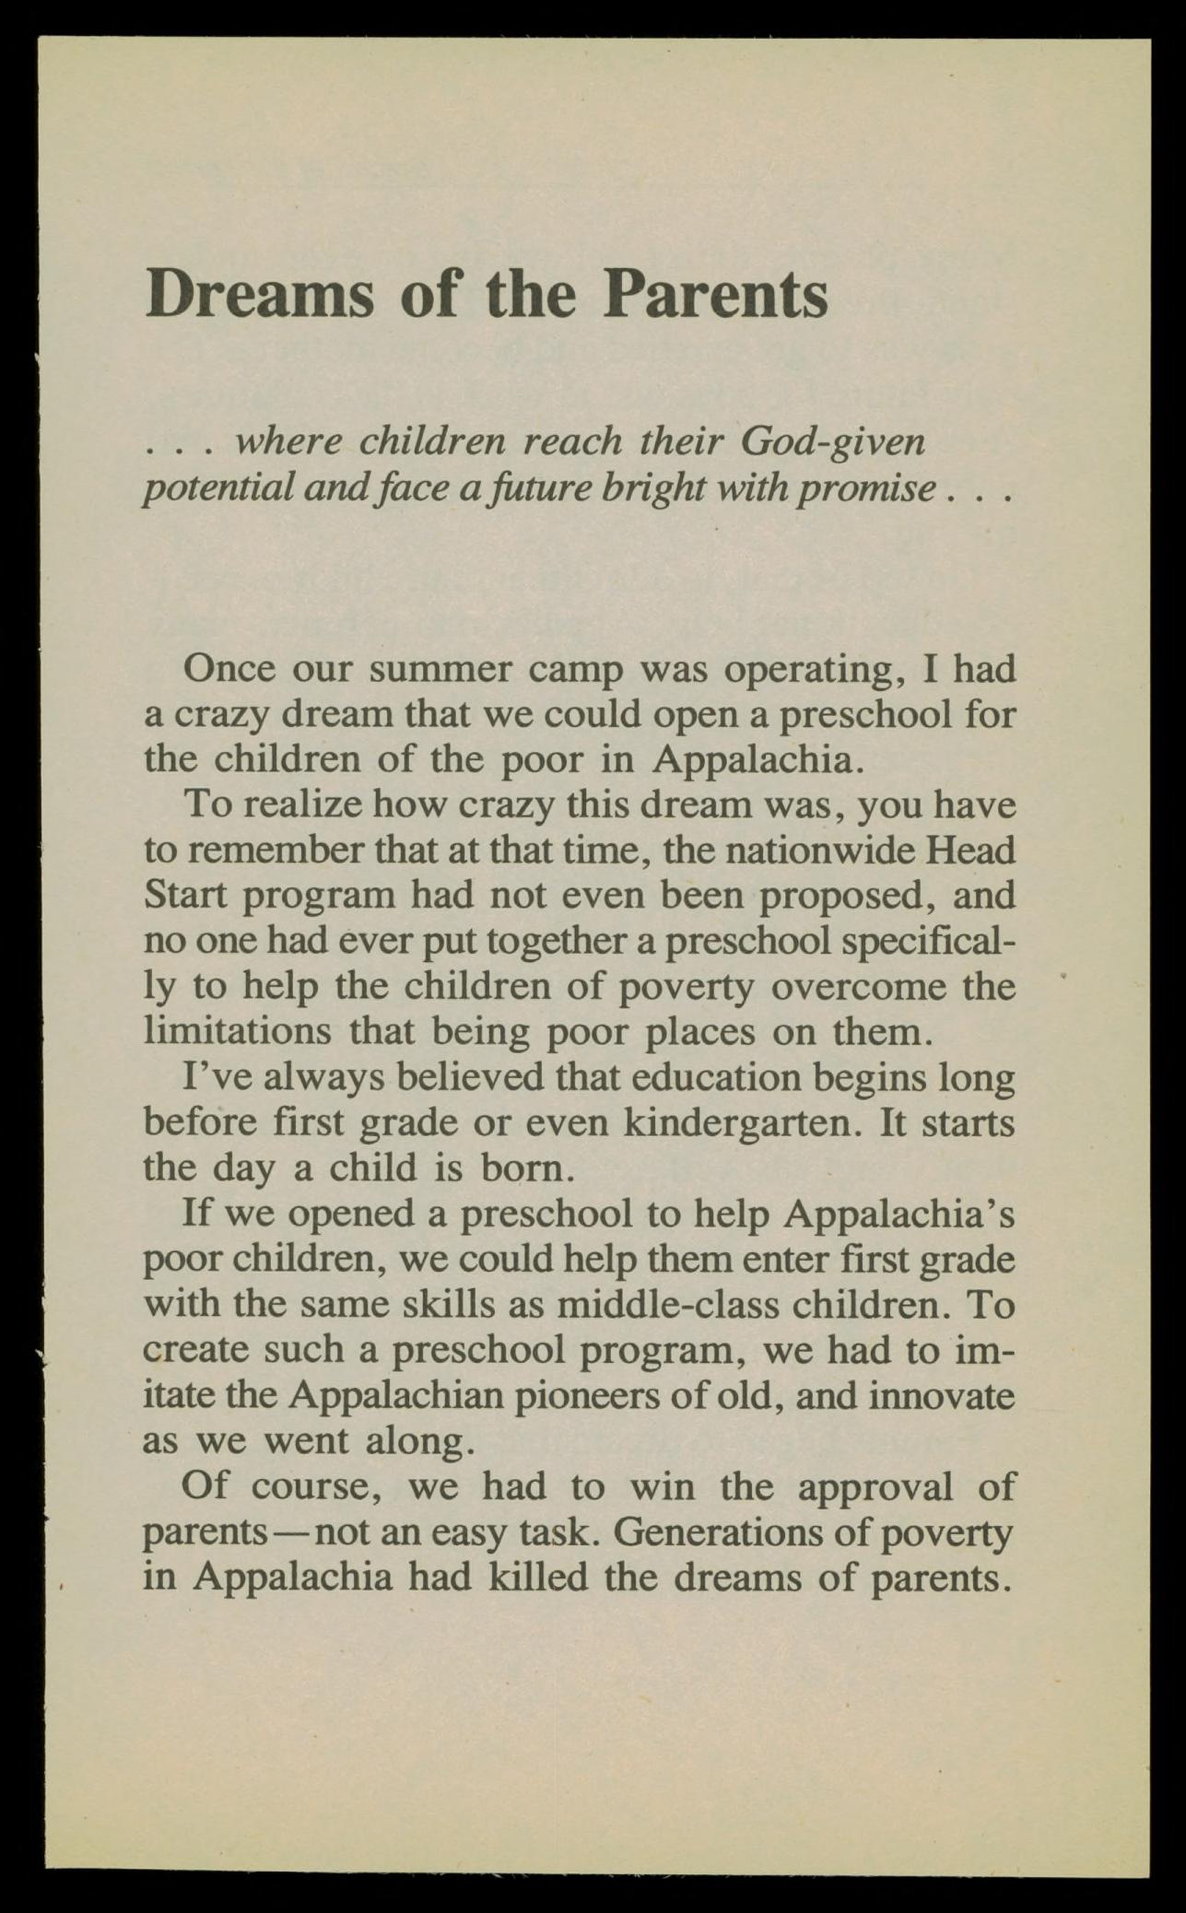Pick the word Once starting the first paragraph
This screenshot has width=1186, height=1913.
point(229,667)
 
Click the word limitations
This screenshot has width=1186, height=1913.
point(237,1031)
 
